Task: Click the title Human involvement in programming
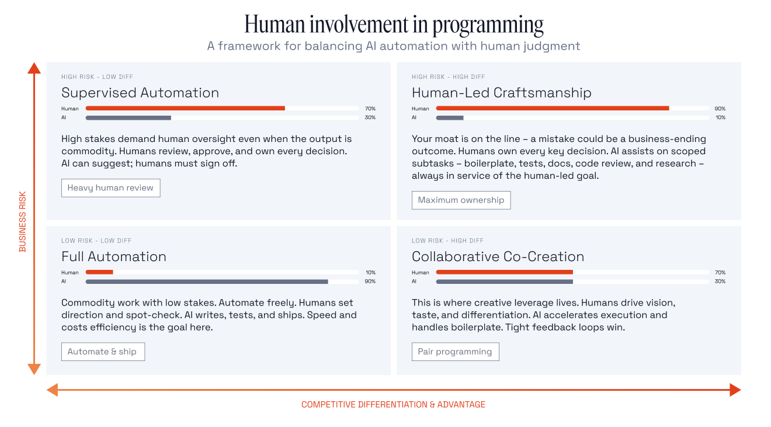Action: [394, 25]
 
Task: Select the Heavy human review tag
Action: [110, 188]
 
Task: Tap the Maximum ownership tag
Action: [461, 200]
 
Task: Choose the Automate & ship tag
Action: [102, 352]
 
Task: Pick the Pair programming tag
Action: [455, 352]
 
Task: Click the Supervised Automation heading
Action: [140, 93]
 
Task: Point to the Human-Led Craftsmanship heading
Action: [501, 93]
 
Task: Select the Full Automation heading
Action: [114, 256]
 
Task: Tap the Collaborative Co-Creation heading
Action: [498, 256]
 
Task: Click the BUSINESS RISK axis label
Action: [23, 222]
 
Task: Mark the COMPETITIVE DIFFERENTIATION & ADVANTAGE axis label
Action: [393, 404]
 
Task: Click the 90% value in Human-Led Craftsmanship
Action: [720, 109]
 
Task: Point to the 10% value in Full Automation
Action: [370, 272]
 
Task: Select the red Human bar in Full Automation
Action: [99, 272]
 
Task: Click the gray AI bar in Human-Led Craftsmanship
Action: [450, 117]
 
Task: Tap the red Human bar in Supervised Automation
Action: [185, 108]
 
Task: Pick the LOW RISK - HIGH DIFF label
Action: [447, 241]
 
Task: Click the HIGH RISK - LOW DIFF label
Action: [97, 77]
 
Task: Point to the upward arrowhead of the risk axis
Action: [34, 68]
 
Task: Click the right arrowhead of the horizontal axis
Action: [735, 390]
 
